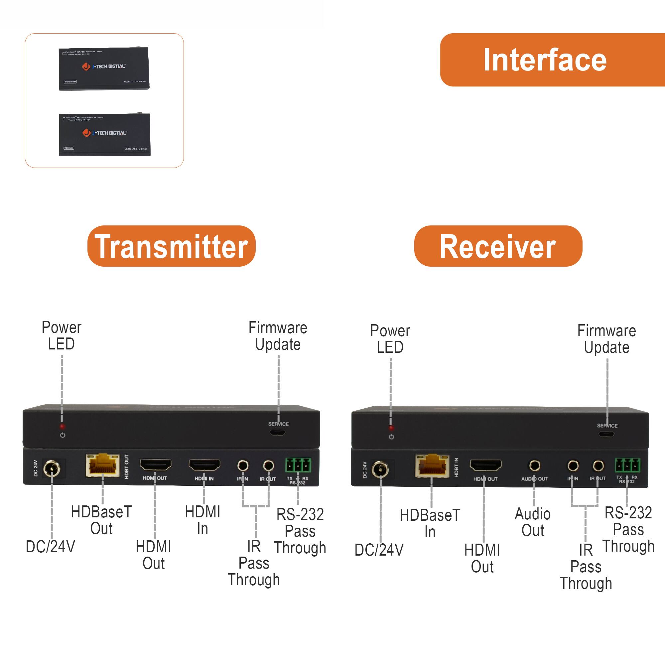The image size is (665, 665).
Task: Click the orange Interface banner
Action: click(x=551, y=60)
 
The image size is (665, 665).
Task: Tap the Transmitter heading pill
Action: click(x=172, y=246)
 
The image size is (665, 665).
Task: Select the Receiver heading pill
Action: click(x=498, y=246)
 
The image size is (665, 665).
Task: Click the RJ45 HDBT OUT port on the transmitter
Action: click(x=102, y=465)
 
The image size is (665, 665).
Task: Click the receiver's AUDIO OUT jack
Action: click(x=535, y=466)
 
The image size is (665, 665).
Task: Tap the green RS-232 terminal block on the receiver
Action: click(x=627, y=465)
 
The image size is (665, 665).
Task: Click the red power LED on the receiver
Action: click(x=391, y=428)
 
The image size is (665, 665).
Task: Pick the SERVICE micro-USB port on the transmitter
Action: click(x=277, y=432)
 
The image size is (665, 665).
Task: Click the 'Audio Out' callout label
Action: click(x=532, y=522)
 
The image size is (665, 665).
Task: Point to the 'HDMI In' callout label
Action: click(x=203, y=520)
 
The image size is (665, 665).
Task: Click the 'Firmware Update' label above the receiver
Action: click(x=606, y=339)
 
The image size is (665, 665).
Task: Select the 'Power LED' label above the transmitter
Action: click(x=61, y=335)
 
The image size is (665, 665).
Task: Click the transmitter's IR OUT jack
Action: click(x=268, y=466)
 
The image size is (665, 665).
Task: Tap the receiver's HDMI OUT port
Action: click(x=486, y=465)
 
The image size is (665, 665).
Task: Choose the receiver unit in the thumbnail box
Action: click(x=105, y=135)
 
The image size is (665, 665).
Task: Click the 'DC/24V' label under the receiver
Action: click(x=379, y=550)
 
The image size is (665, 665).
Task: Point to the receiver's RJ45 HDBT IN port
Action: click(x=432, y=465)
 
